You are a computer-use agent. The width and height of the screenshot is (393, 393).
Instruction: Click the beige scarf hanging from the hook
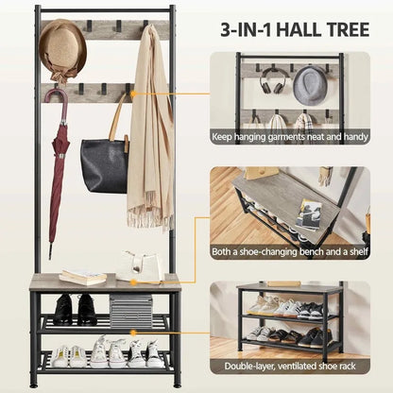click(x=149, y=132)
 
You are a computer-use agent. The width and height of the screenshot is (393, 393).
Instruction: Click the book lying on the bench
click(x=83, y=276)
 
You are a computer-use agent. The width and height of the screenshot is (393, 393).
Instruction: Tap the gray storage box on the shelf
click(x=130, y=310)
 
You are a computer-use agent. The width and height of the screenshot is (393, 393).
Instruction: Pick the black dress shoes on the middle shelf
click(x=75, y=308)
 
